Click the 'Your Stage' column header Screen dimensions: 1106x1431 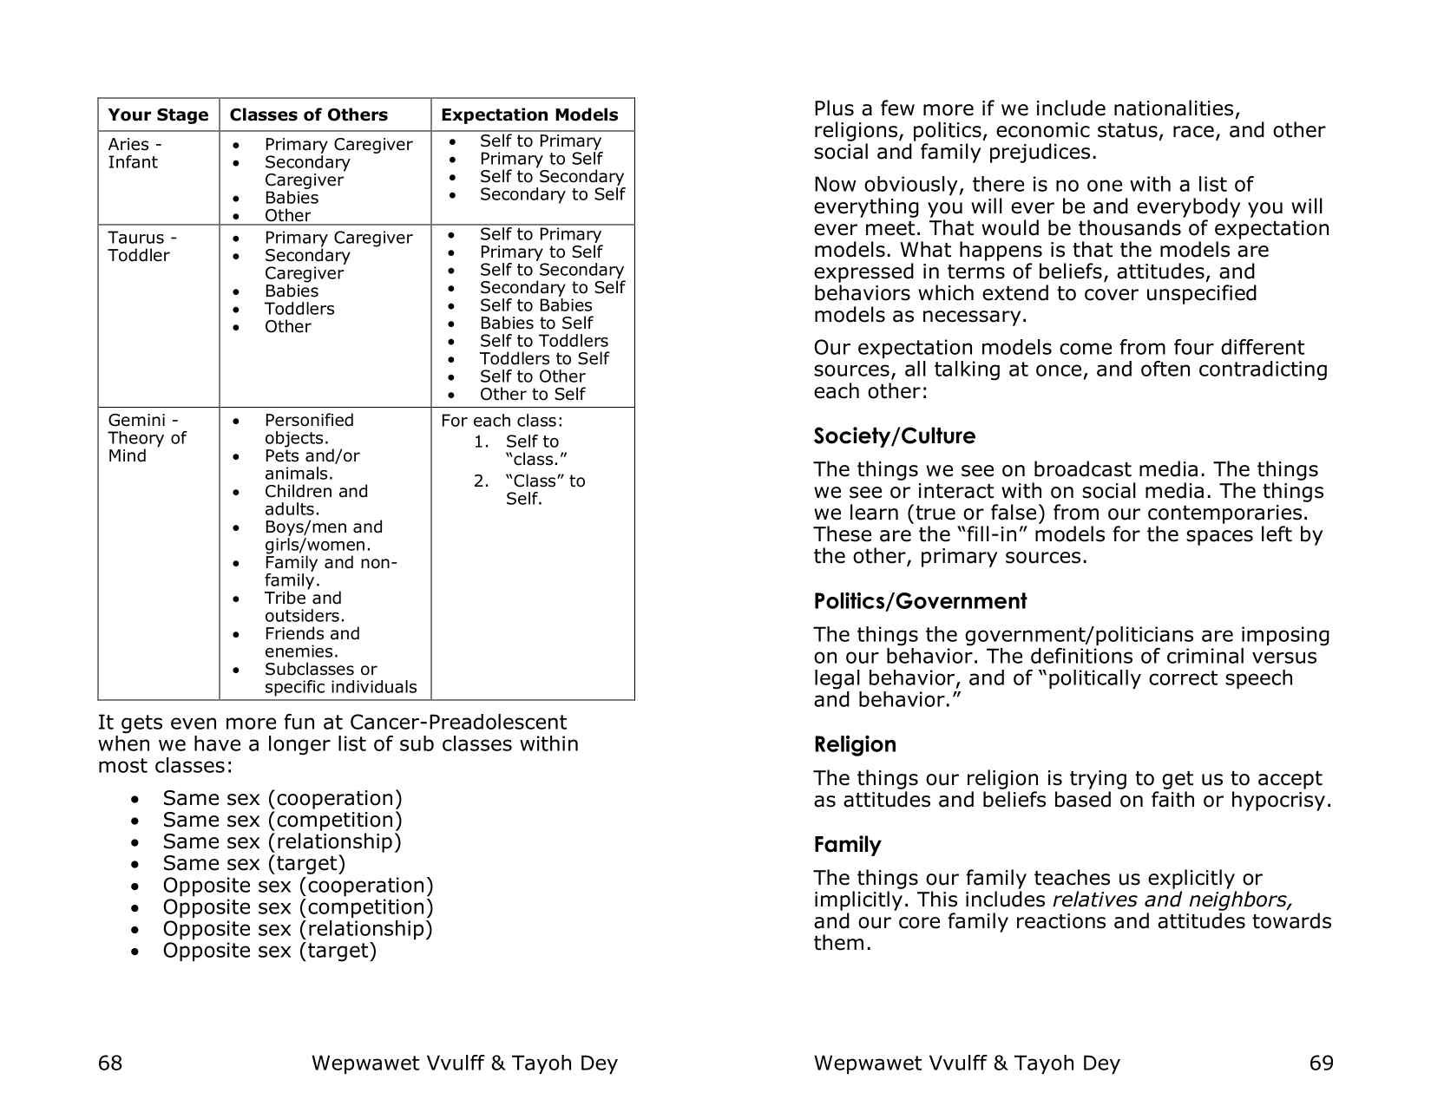158,115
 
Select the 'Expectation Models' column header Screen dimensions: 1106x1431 529,115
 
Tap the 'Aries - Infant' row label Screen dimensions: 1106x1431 135,154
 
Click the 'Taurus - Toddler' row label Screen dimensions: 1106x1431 141,246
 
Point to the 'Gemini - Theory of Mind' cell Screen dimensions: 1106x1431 147,438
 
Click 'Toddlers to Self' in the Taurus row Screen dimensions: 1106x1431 544,359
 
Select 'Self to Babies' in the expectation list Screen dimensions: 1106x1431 535,305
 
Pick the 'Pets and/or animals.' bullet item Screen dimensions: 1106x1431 312,465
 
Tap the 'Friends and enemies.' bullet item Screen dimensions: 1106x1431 312,643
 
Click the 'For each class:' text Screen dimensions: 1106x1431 502,422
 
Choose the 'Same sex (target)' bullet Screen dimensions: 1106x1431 253,863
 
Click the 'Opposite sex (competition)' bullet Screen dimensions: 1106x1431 298,906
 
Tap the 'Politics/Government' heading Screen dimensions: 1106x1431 920,601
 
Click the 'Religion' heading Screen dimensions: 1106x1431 855,744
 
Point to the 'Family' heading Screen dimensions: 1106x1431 847,845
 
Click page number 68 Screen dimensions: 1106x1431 110,1063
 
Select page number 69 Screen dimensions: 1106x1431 1321,1063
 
